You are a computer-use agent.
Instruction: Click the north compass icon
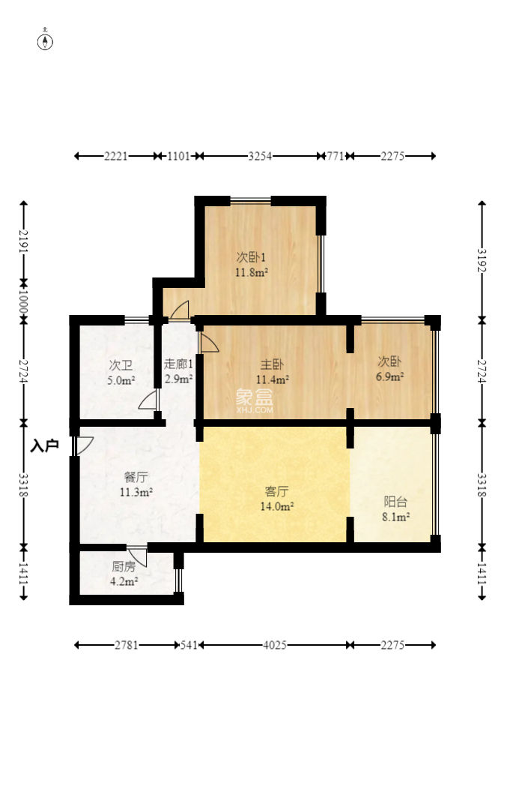pyautogui.click(x=46, y=40)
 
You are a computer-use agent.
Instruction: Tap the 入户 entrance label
pyautogui.click(x=44, y=445)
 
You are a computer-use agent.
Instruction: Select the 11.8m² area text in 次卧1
pyautogui.click(x=252, y=272)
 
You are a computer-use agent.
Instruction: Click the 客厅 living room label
pyautogui.click(x=276, y=491)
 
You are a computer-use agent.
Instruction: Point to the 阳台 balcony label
pyautogui.click(x=395, y=502)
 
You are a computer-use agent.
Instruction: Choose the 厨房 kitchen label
pyautogui.click(x=124, y=566)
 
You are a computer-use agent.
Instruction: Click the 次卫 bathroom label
pyautogui.click(x=121, y=365)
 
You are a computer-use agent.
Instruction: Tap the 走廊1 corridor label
pyautogui.click(x=178, y=364)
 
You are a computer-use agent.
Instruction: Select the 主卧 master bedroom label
pyautogui.click(x=272, y=364)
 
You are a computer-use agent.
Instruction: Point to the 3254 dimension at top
pyautogui.click(x=260, y=156)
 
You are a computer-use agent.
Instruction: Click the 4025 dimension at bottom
pyautogui.click(x=274, y=645)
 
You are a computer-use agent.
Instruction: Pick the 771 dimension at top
pyautogui.click(x=335, y=156)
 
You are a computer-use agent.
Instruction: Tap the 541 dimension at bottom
pyautogui.click(x=189, y=645)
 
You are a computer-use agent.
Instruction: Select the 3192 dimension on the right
pyautogui.click(x=482, y=260)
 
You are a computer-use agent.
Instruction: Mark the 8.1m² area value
pyautogui.click(x=396, y=517)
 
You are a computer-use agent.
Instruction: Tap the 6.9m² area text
pyautogui.click(x=390, y=377)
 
